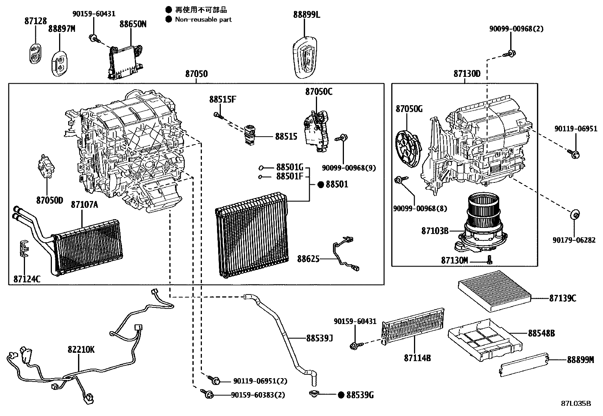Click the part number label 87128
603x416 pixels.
(x=36, y=22)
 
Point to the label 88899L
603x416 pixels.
(x=307, y=15)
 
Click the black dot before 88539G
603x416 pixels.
(x=341, y=395)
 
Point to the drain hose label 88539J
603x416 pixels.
(x=320, y=338)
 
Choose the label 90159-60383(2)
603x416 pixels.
(x=258, y=395)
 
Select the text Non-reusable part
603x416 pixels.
(x=203, y=19)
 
